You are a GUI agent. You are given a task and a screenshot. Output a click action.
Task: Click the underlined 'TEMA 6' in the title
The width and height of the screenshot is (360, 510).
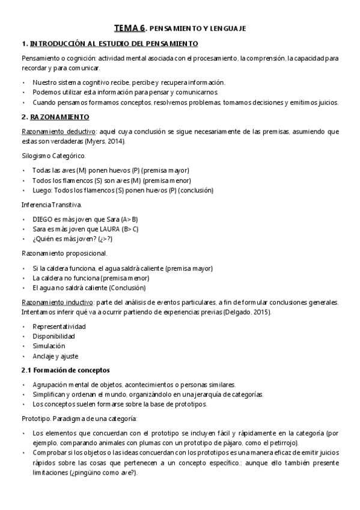point(129,28)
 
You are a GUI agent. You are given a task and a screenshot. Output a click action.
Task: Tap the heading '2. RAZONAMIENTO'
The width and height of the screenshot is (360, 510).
point(55,116)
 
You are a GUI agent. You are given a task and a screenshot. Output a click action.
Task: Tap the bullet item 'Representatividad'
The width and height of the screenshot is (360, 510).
point(59,327)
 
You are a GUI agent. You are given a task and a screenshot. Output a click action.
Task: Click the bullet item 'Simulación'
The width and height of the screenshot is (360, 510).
point(49,346)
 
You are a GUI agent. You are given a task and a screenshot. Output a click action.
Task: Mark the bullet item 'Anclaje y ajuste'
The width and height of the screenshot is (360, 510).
point(55,356)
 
